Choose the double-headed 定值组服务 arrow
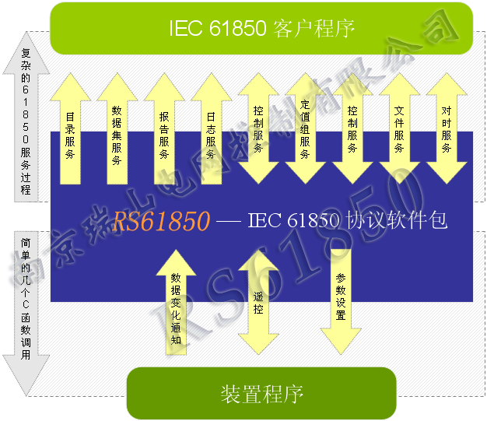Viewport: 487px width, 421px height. [x=305, y=128]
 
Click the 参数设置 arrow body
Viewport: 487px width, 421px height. [x=341, y=296]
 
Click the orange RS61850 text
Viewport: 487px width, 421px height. [x=161, y=222]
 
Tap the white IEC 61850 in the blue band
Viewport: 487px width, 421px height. [x=290, y=222]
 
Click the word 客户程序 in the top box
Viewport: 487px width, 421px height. [x=315, y=29]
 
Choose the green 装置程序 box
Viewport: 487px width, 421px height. [x=261, y=393]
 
